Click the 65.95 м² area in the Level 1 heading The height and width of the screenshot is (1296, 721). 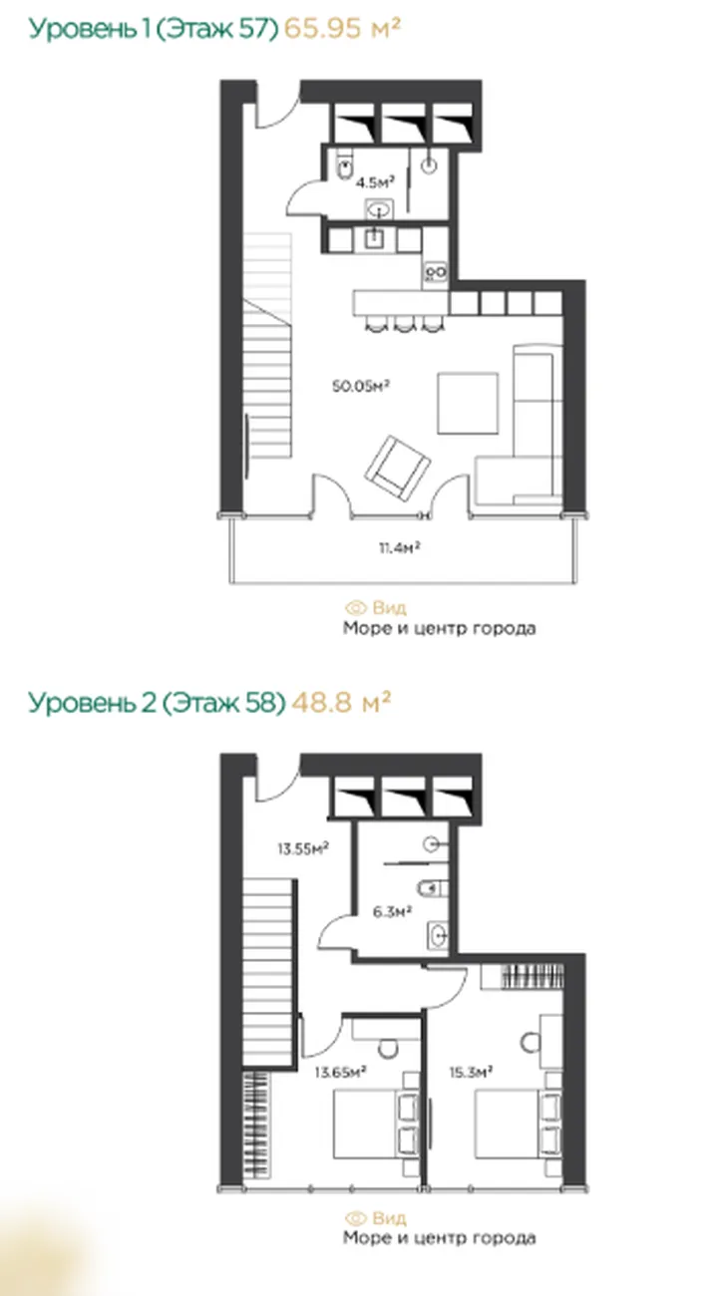342,28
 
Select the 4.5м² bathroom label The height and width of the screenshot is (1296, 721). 375,182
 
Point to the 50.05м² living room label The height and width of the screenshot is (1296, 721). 361,386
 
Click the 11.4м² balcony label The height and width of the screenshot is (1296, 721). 399,546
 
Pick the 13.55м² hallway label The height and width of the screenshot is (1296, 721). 303,849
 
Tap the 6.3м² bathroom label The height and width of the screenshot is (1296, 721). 392,912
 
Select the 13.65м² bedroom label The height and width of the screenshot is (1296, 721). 340,1072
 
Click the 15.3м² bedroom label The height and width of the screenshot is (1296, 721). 471,1072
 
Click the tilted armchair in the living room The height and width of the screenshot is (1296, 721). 397,468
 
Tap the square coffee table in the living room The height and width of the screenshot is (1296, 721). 468,404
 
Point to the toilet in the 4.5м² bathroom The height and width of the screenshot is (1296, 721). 344,167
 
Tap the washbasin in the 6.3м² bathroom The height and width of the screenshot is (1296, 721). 438,933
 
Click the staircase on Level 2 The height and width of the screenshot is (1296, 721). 266,973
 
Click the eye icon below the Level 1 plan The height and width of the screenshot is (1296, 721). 355,608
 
